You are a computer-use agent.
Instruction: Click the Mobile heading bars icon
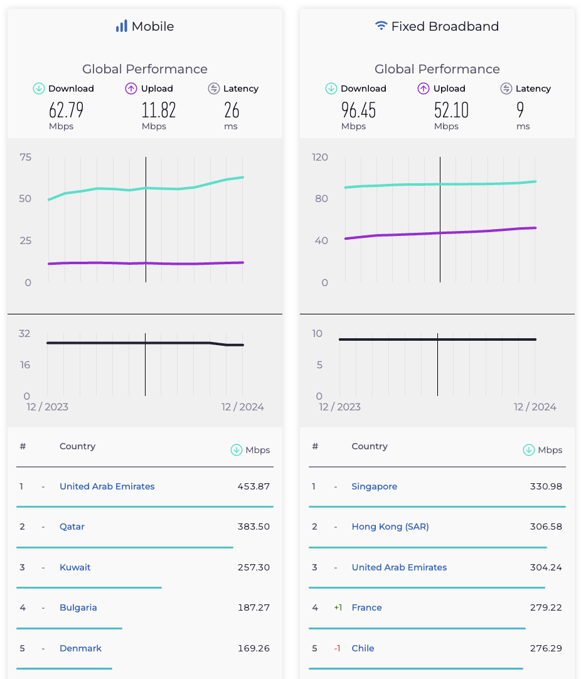pyautogui.click(x=121, y=26)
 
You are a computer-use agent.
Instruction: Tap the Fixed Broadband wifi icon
pyautogui.click(x=381, y=26)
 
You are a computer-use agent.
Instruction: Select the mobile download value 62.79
pyautogui.click(x=66, y=110)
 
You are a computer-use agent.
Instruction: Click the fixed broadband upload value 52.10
pyautogui.click(x=451, y=110)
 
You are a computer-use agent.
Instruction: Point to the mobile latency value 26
pyautogui.click(x=232, y=110)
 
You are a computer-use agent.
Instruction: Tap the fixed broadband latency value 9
pyautogui.click(x=520, y=110)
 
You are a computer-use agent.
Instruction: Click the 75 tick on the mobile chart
pyautogui.click(x=25, y=157)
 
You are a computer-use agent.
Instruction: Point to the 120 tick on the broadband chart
pyautogui.click(x=320, y=157)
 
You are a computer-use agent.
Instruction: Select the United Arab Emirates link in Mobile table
pyautogui.click(x=107, y=486)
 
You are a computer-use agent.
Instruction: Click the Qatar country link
pyautogui.click(x=72, y=527)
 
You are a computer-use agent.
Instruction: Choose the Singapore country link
pyautogui.click(x=374, y=486)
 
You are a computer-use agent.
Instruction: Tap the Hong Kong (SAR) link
pyautogui.click(x=390, y=527)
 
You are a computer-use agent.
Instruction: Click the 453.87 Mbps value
pyautogui.click(x=253, y=486)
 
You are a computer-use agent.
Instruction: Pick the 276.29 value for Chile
pyautogui.click(x=546, y=648)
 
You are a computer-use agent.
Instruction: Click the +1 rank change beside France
pyautogui.click(x=338, y=607)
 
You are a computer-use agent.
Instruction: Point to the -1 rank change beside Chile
pyautogui.click(x=337, y=648)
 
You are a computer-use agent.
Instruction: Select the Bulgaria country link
pyautogui.click(x=78, y=607)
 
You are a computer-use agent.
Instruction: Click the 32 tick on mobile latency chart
pyautogui.click(x=24, y=333)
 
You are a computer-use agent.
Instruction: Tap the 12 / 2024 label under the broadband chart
pyautogui.click(x=535, y=407)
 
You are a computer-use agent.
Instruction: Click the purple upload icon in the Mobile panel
pyautogui.click(x=131, y=88)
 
